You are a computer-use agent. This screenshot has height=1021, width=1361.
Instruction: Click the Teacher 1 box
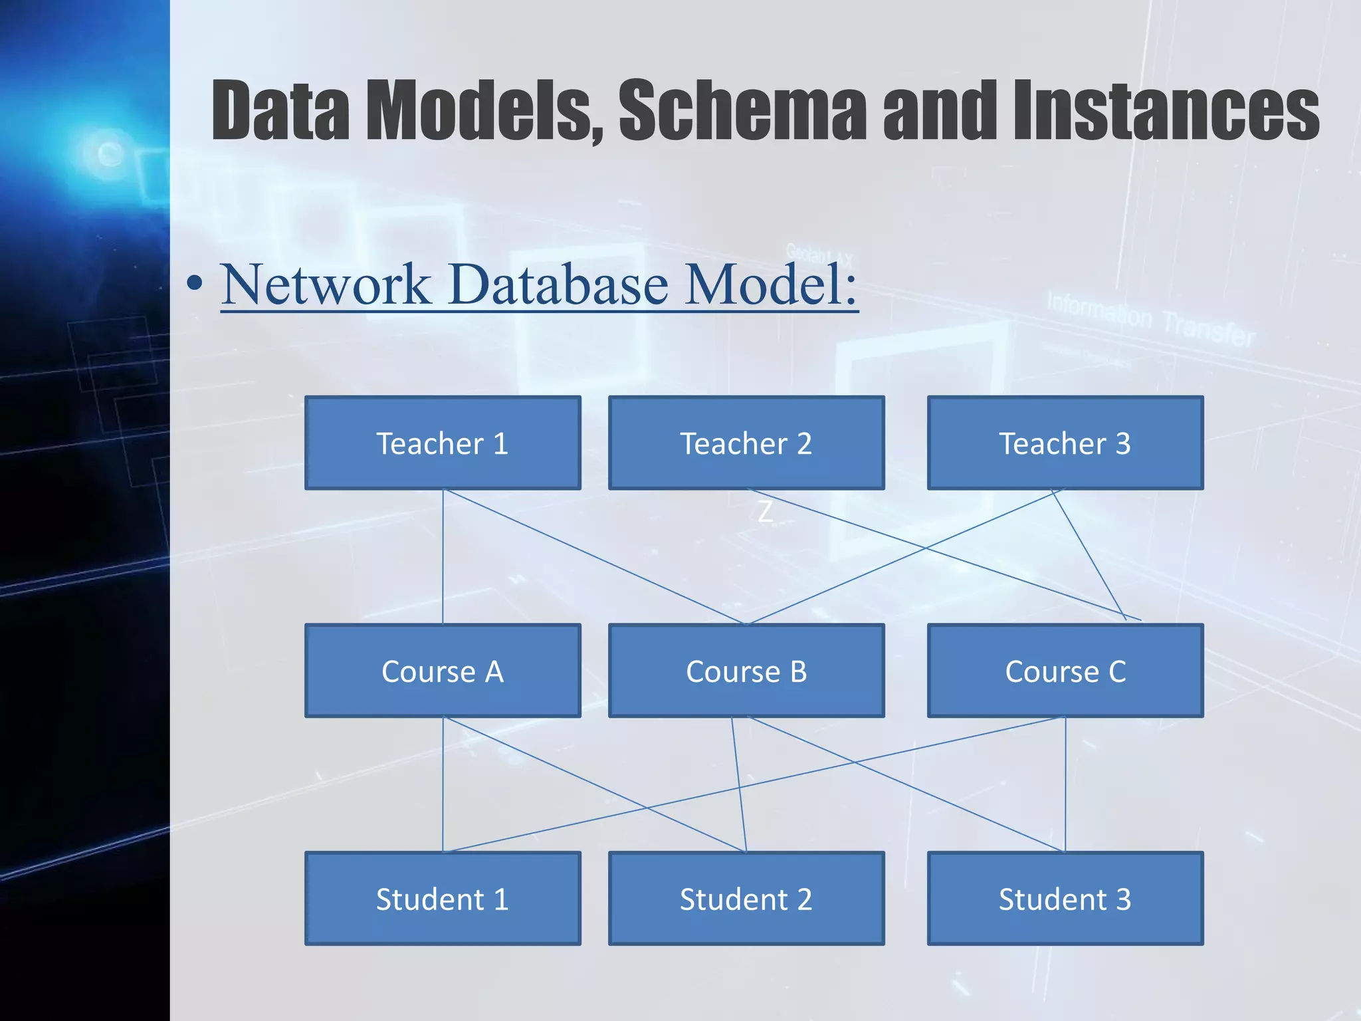(443, 443)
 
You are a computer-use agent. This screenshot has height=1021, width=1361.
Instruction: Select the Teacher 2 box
(746, 443)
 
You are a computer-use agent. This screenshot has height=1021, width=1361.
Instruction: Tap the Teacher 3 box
(1065, 443)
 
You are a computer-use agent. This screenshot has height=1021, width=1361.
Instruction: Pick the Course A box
(443, 671)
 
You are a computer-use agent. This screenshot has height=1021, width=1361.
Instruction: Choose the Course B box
(746, 671)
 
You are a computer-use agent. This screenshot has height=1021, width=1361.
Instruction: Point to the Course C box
(1065, 671)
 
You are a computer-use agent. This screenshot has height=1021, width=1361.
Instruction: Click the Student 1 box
(443, 899)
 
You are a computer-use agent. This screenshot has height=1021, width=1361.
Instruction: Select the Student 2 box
(746, 899)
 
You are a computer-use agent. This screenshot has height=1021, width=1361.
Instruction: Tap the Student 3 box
(1065, 899)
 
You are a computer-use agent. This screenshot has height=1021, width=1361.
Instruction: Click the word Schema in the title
(742, 110)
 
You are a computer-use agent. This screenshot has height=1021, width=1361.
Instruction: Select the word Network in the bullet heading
(326, 284)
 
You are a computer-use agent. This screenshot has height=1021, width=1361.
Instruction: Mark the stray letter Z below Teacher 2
(766, 512)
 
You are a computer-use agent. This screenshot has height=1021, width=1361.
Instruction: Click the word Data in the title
(280, 110)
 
